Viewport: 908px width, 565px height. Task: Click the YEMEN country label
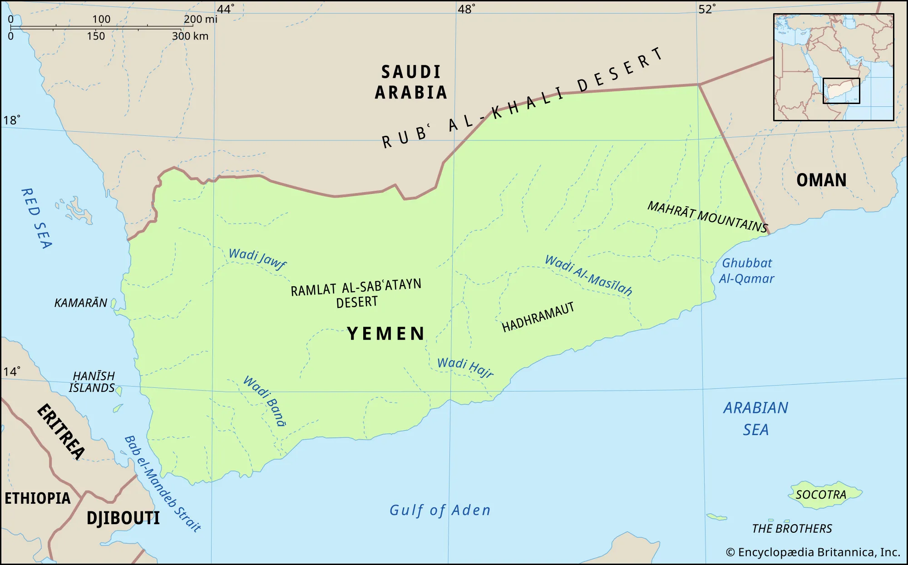pos(386,334)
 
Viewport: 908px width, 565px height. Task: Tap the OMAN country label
pos(821,180)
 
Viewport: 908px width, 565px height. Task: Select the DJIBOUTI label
pos(123,518)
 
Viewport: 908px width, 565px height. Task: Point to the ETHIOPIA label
pos(38,498)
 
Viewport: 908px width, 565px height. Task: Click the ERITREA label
pos(61,431)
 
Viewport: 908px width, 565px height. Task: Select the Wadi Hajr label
pos(465,367)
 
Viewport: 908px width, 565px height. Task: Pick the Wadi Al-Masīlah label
pos(588,275)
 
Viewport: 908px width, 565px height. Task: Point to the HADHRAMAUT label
pos(538,317)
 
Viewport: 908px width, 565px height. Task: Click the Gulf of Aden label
pos(440,510)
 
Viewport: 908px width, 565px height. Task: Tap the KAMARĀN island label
pos(81,303)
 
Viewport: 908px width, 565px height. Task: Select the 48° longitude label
pos(466,9)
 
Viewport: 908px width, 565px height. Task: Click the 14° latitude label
pos(11,372)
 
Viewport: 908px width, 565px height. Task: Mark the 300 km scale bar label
pos(190,36)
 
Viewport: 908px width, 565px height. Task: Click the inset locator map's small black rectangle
pos(841,91)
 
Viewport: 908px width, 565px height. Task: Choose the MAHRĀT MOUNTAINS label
pos(707,217)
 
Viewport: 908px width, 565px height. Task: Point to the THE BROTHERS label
pos(792,528)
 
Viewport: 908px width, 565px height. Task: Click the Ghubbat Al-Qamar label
pos(747,271)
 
